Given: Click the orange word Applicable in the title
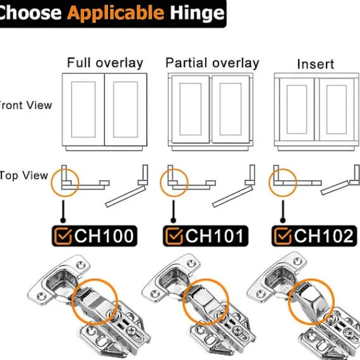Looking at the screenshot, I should tap(115, 13).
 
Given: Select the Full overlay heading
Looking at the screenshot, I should tap(105, 62).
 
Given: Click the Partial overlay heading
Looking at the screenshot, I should tap(212, 62).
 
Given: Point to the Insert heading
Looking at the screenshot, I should tap(316, 64).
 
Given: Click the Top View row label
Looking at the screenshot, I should tap(24, 175).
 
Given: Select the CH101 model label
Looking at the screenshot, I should tap(215, 236).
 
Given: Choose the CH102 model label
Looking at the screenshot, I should tap(324, 236).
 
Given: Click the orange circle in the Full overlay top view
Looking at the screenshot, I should tap(64, 182).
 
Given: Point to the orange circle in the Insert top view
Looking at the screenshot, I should tap(281, 182).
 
